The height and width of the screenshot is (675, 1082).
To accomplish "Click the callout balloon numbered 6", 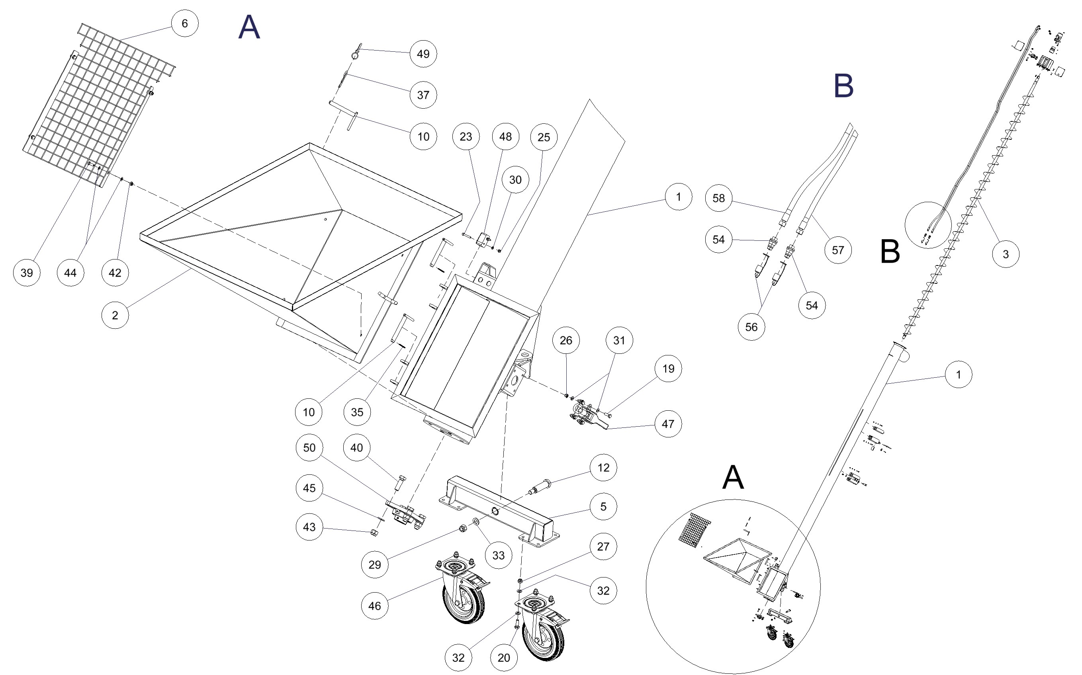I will pos(184,23).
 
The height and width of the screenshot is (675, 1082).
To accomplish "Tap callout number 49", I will pos(423,54).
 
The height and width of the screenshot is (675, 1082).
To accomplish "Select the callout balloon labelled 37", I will pos(423,95).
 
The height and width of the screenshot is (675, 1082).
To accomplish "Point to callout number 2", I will pos(115,315).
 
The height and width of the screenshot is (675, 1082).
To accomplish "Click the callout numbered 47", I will pos(667,423).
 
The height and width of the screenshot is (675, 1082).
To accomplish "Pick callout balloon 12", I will pos(603,467).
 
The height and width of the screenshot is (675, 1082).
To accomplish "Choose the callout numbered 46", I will pos(374,606).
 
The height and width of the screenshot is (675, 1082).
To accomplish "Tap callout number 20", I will pos(503,657).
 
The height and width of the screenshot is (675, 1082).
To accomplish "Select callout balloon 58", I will pos(718,198).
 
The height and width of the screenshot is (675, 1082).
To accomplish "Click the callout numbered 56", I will pos(751,327).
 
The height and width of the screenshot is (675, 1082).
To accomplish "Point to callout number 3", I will pos(1005,254).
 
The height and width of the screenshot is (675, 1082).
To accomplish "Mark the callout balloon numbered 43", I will pos(309,527).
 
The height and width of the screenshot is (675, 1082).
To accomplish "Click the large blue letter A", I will pos(249,27).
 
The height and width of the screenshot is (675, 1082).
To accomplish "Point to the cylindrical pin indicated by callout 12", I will pos(540,487).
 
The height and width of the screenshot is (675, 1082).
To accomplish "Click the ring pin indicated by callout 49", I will pos(355,54).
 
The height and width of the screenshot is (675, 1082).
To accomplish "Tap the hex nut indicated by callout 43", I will pos(375,532).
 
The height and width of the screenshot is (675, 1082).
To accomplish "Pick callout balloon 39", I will pos(26,272).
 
